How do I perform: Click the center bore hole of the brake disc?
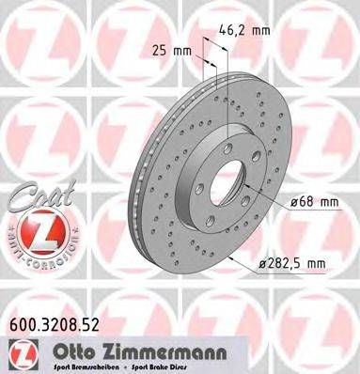(x=219, y=176)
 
